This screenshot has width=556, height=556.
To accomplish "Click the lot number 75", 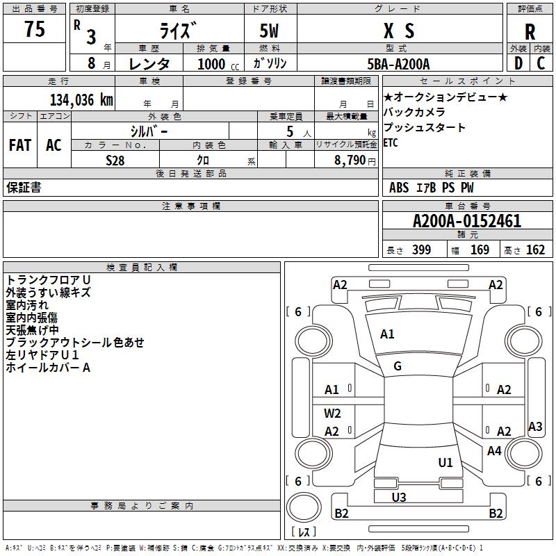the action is coord(35,28).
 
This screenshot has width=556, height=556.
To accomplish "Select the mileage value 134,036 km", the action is coord(81,99).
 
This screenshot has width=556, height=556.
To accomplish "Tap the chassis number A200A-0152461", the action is coord(467,221).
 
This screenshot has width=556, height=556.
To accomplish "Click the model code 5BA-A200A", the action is coord(398,64).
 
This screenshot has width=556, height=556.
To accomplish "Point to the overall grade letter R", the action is coord(530,32).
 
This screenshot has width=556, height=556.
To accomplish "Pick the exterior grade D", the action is coord(518,63).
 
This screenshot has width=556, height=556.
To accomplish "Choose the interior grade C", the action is coord(541,63).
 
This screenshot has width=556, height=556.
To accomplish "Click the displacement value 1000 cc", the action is coord(218,64).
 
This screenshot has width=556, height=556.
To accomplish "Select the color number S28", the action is coord(115,161).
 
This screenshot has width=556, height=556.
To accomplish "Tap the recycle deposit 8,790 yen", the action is coord(354,161).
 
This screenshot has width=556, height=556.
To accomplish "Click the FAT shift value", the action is coord(20,145).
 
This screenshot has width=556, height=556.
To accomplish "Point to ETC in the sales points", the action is coord(391,142).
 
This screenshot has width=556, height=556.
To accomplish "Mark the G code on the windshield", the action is coord(398,366).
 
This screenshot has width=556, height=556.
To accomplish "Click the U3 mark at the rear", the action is coord(399,497).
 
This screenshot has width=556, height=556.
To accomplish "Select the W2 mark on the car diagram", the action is coord(332,413).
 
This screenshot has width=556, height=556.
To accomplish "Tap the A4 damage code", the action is coord(494,450).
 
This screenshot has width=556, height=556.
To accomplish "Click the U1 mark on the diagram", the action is coord(445,462).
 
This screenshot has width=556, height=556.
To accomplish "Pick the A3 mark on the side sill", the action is coord(535,426).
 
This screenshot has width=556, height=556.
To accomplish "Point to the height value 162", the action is coord(535,250).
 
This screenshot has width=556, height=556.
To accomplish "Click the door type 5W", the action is coord(269,31).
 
